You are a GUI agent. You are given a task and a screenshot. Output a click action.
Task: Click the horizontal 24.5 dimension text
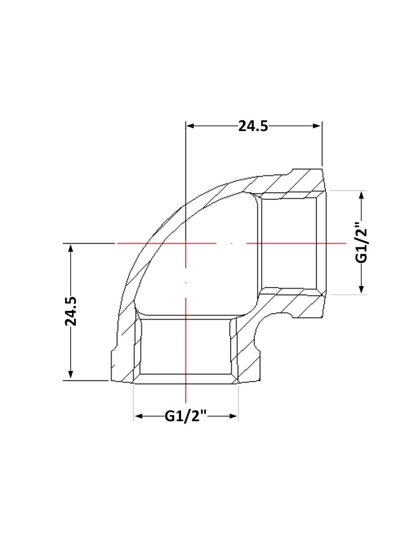point(253,126)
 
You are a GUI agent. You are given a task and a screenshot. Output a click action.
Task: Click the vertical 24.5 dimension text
point(71,311)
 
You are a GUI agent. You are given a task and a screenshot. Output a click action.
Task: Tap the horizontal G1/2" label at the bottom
point(186,416)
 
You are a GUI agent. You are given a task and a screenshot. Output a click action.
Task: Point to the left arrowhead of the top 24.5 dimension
point(190,126)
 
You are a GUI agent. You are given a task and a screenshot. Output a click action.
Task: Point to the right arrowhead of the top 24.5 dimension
point(317,126)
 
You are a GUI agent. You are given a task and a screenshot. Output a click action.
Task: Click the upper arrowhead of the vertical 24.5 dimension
point(71,248)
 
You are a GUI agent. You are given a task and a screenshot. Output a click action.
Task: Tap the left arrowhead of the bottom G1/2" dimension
point(139,416)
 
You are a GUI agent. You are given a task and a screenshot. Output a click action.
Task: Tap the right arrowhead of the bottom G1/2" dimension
point(233,416)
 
